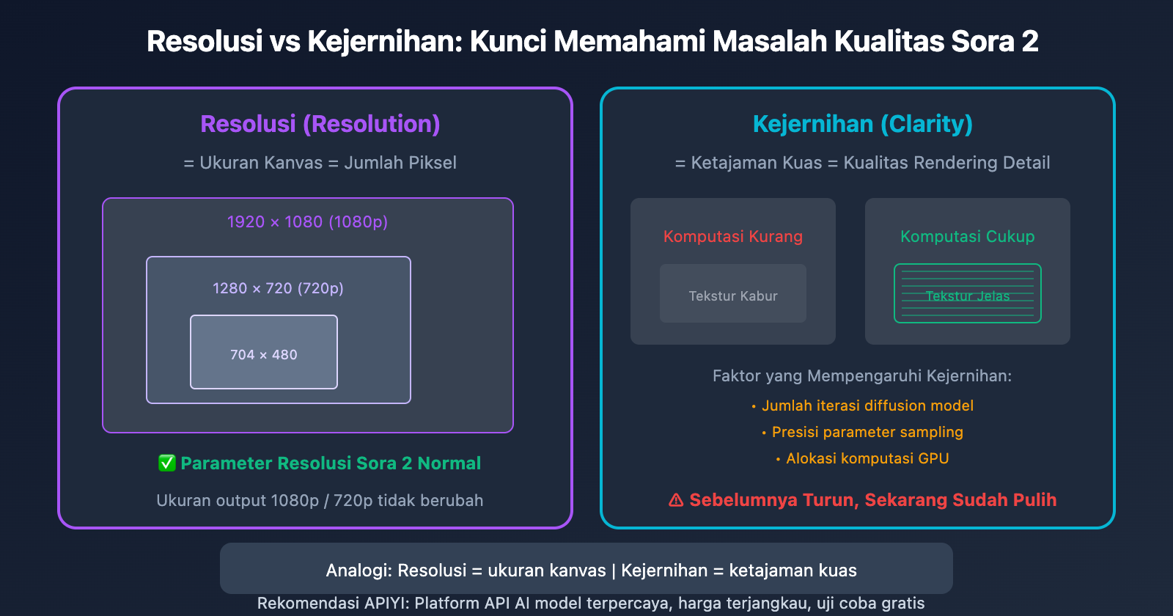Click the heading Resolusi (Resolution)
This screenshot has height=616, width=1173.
(x=320, y=124)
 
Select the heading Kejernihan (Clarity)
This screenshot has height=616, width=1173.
(x=862, y=124)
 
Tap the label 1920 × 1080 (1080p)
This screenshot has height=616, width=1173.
(x=307, y=221)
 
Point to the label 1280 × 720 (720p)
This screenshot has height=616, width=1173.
(x=278, y=288)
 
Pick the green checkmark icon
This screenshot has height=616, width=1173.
(x=166, y=463)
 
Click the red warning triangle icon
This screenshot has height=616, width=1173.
(x=676, y=500)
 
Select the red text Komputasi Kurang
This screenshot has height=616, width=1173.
(x=733, y=236)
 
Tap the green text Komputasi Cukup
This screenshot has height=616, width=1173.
(x=967, y=236)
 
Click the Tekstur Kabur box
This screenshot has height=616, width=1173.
(x=733, y=294)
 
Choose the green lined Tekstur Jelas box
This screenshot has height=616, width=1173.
(x=967, y=294)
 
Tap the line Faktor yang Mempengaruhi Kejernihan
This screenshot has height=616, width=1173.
(x=861, y=375)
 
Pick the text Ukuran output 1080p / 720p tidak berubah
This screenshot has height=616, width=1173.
(x=320, y=500)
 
